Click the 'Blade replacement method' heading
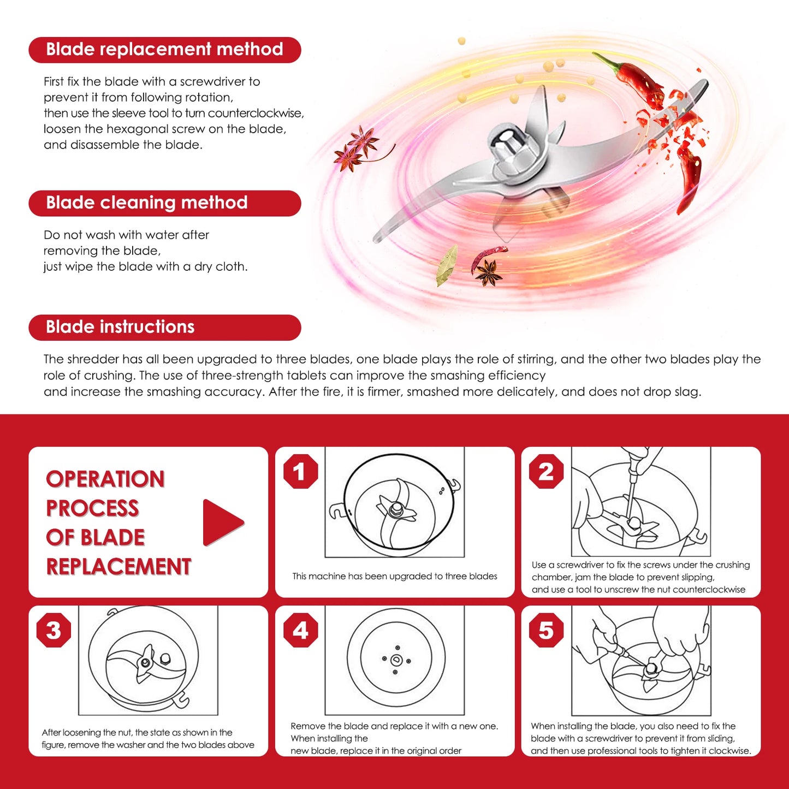tap(164, 49)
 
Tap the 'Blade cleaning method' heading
tap(146, 203)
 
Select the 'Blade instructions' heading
tap(120, 327)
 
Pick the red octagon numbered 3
tap(54, 630)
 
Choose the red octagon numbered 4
tap(300, 630)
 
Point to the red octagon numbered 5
tap(546, 630)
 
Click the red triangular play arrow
tap(221, 523)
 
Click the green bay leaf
tap(447, 265)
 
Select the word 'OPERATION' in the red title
tap(105, 479)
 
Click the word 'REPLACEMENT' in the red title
tap(118, 567)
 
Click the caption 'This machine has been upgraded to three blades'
tap(395, 577)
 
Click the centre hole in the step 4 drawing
tap(396, 660)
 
